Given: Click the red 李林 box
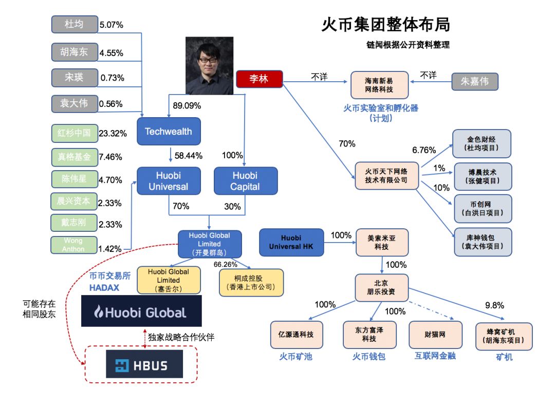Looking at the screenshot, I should [x=259, y=79].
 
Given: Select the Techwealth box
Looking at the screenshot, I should [x=168, y=132].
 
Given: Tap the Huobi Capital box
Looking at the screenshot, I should [x=245, y=181].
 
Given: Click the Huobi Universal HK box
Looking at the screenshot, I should [x=292, y=242].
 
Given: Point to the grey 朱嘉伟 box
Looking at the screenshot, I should [x=474, y=82].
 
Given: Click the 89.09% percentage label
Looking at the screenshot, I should [x=187, y=106].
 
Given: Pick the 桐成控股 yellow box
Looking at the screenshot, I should [x=251, y=282].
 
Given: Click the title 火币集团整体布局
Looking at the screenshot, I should [x=386, y=25].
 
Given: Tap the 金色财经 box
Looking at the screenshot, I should [x=482, y=143].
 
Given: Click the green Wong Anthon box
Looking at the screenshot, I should [x=73, y=245].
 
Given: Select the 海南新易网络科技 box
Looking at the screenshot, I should [x=379, y=85].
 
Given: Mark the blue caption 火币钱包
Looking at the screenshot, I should [x=368, y=357].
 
